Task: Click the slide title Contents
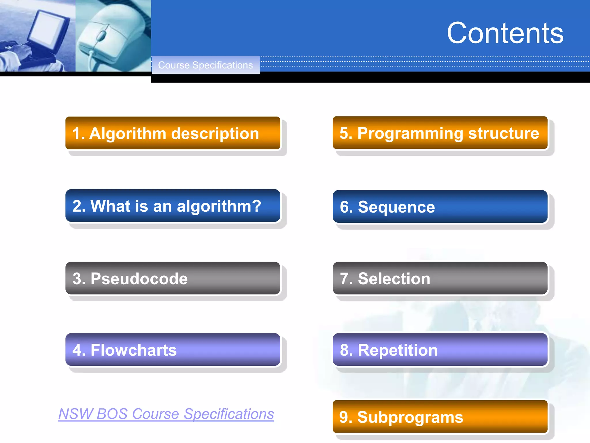pos(505,33)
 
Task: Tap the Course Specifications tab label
pos(205,65)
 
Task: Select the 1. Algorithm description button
pos(173,133)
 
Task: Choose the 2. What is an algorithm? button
pos(173,206)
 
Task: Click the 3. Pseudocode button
pos(173,278)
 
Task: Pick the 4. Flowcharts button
pos(173,350)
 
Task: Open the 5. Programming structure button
pos(440,133)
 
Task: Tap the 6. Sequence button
pos(440,207)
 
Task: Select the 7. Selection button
pos(440,278)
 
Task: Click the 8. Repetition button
pos(440,350)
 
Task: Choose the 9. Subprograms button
pos(440,417)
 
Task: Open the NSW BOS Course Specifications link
pos(166,414)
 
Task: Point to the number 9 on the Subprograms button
pos(344,417)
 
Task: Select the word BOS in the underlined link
pos(112,414)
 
